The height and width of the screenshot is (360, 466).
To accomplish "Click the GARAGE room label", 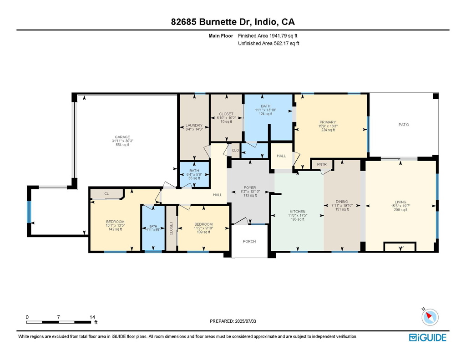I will (x=122, y=137).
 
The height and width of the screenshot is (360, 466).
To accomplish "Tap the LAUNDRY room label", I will (x=194, y=125).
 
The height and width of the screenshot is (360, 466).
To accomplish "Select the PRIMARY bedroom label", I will (x=328, y=122).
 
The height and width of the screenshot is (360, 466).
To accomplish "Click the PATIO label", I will (x=404, y=125).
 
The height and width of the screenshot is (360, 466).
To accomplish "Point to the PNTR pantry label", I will (x=322, y=164).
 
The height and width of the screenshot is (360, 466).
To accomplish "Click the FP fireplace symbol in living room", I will (x=400, y=247).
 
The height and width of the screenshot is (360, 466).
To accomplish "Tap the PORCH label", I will (x=249, y=241).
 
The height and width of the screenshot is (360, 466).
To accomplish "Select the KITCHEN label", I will (x=298, y=211).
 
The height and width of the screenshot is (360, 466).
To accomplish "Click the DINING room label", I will (x=342, y=202).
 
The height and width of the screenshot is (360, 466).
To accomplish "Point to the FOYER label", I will (x=249, y=188).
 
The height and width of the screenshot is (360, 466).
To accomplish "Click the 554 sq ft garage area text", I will (x=122, y=145).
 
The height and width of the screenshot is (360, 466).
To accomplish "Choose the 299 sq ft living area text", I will (x=400, y=210).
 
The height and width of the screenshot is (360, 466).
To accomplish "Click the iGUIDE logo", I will (x=428, y=337).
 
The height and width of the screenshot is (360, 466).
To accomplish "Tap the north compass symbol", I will (x=430, y=316).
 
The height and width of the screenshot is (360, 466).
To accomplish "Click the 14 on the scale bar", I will (x=92, y=317).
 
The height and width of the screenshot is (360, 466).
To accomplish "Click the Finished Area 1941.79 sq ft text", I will (x=268, y=35).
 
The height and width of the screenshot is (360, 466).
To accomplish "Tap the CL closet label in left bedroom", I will (x=106, y=194).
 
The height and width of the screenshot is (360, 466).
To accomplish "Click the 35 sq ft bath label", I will (x=194, y=178).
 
